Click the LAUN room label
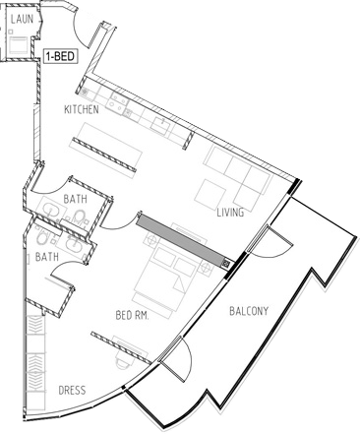[22, 19]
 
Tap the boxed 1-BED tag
[60, 56]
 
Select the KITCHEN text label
[82, 109]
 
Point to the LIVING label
[230, 213]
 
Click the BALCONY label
[249, 311]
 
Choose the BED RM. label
[133, 316]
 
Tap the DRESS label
[72, 391]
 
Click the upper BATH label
[76, 199]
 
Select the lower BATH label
[47, 257]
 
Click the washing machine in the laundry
[18, 45]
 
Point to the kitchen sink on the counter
[161, 125]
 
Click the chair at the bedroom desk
[124, 360]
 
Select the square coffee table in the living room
[210, 192]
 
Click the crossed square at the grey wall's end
[227, 263]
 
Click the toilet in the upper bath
[80, 217]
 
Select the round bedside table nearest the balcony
[207, 268]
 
